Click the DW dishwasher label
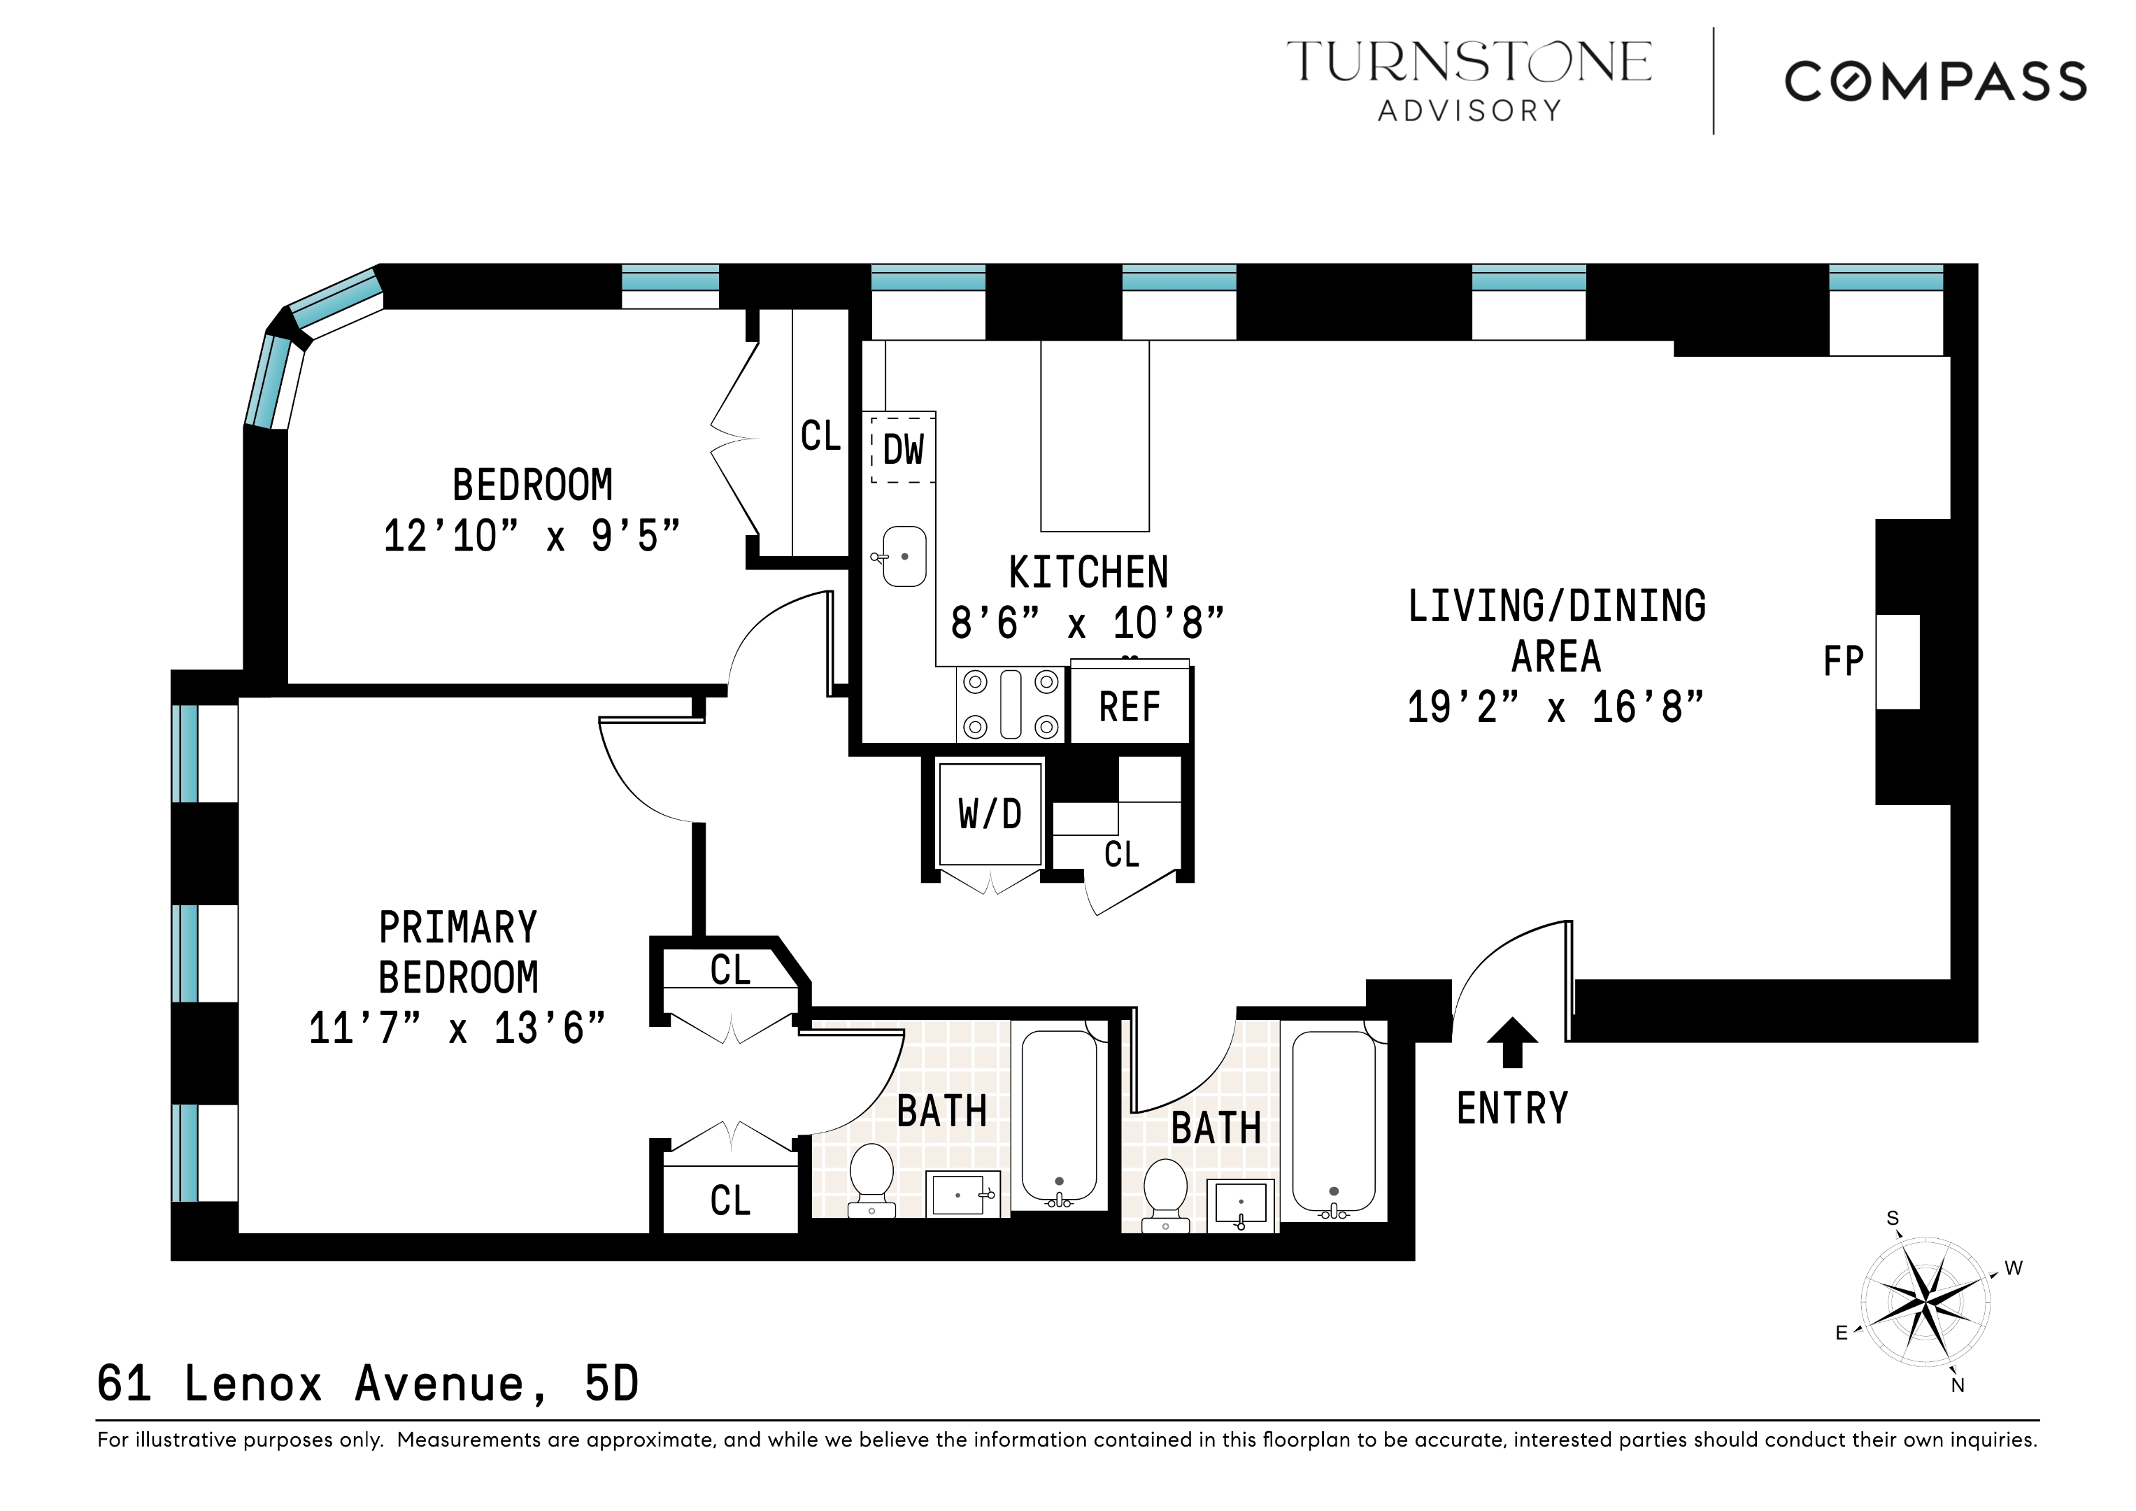click(902, 451)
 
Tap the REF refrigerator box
click(1130, 708)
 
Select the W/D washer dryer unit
click(990, 815)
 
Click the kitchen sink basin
click(904, 556)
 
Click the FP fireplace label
click(1843, 662)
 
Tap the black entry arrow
click(1511, 1041)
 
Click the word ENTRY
click(1511, 1109)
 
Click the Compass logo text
click(1935, 82)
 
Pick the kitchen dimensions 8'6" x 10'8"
click(1087, 623)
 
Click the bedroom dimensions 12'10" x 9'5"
click(532, 537)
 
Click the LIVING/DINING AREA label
click(1555, 632)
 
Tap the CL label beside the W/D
click(1121, 854)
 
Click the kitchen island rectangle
click(1095, 435)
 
